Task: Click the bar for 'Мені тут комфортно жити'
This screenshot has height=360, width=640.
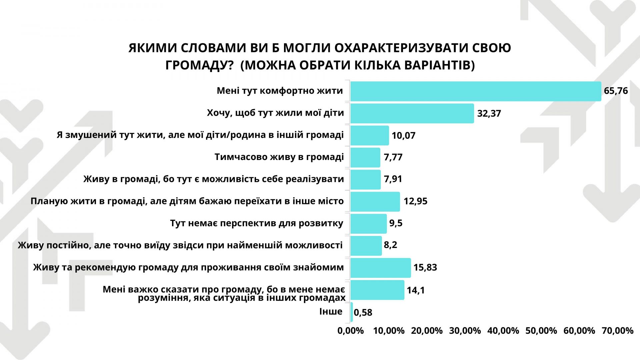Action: tap(476, 91)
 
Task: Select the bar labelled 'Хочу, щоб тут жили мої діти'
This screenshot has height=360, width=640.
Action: tap(412, 113)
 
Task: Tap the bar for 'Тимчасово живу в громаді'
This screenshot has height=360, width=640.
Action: tap(365, 157)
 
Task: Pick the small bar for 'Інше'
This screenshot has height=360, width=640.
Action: tap(352, 312)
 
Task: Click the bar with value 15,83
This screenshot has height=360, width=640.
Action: tap(381, 268)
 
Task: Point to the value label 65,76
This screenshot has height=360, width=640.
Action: tap(616, 91)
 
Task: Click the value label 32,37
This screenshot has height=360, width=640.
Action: tap(489, 114)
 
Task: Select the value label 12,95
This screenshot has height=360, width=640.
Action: tap(415, 201)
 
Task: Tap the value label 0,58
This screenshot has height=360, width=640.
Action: tap(363, 313)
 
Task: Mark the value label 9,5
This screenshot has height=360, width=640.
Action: tap(396, 223)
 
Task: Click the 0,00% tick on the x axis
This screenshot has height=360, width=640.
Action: tap(351, 331)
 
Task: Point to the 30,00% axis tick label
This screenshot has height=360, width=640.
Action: tap(465, 331)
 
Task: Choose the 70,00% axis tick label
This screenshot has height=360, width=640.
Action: tap(617, 331)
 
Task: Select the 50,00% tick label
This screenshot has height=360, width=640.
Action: tap(541, 331)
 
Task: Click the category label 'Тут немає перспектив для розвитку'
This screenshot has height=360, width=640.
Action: tap(257, 223)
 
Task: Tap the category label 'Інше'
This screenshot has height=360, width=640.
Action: tap(331, 311)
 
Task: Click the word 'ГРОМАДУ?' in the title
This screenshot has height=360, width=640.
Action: tap(199, 65)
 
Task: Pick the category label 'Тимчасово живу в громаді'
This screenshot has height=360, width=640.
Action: tap(279, 157)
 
